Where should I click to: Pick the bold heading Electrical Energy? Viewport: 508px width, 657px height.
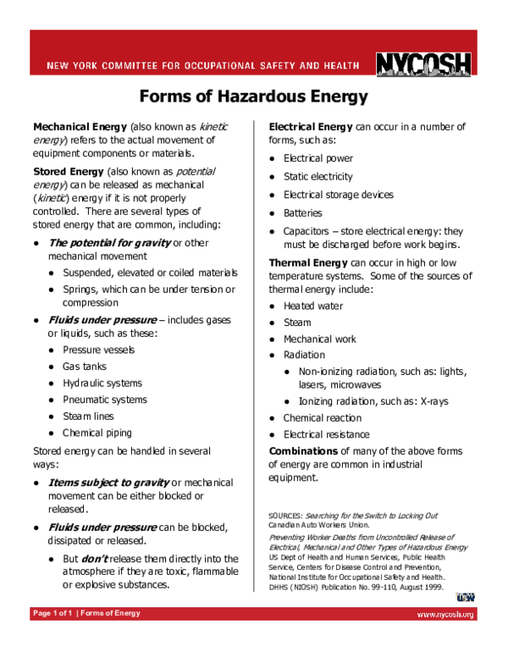tap(311, 127)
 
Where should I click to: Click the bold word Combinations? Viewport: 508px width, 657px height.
tap(306, 450)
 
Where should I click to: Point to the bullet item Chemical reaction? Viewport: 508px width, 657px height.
tap(323, 418)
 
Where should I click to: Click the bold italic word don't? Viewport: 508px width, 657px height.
tap(94, 559)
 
